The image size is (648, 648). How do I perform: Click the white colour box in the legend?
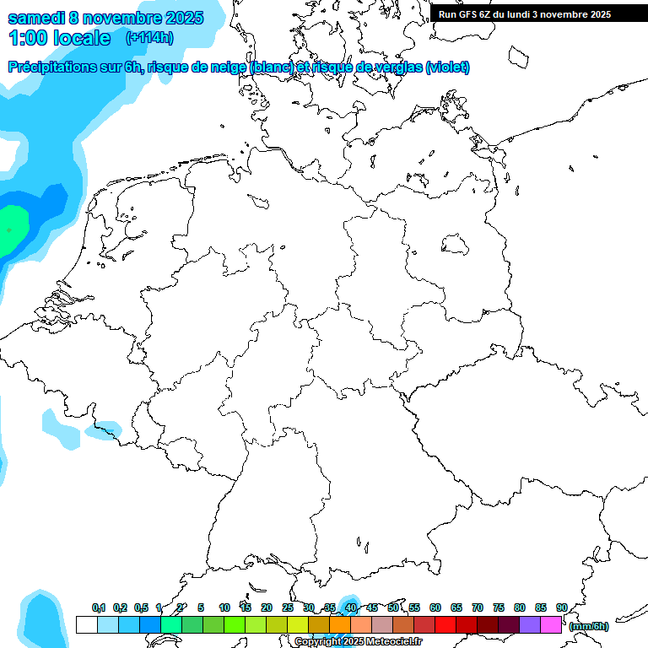(86, 625)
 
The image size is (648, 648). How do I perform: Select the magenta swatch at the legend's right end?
(551, 625)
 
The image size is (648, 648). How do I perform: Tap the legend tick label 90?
(561, 607)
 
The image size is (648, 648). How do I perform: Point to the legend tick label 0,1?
(99, 607)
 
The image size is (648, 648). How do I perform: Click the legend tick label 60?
(435, 607)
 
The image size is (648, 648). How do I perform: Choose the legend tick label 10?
(224, 607)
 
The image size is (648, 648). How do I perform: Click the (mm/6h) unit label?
(588, 626)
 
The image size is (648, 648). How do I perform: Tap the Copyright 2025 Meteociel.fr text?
(358, 642)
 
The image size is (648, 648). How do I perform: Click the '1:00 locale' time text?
(60, 38)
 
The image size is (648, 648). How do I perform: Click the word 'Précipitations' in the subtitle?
(51, 67)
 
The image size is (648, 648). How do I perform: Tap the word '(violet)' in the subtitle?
(448, 67)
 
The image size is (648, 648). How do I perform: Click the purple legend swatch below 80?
(530, 625)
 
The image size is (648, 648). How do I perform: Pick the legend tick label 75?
(499, 607)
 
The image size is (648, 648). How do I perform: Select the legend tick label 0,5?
(141, 607)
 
